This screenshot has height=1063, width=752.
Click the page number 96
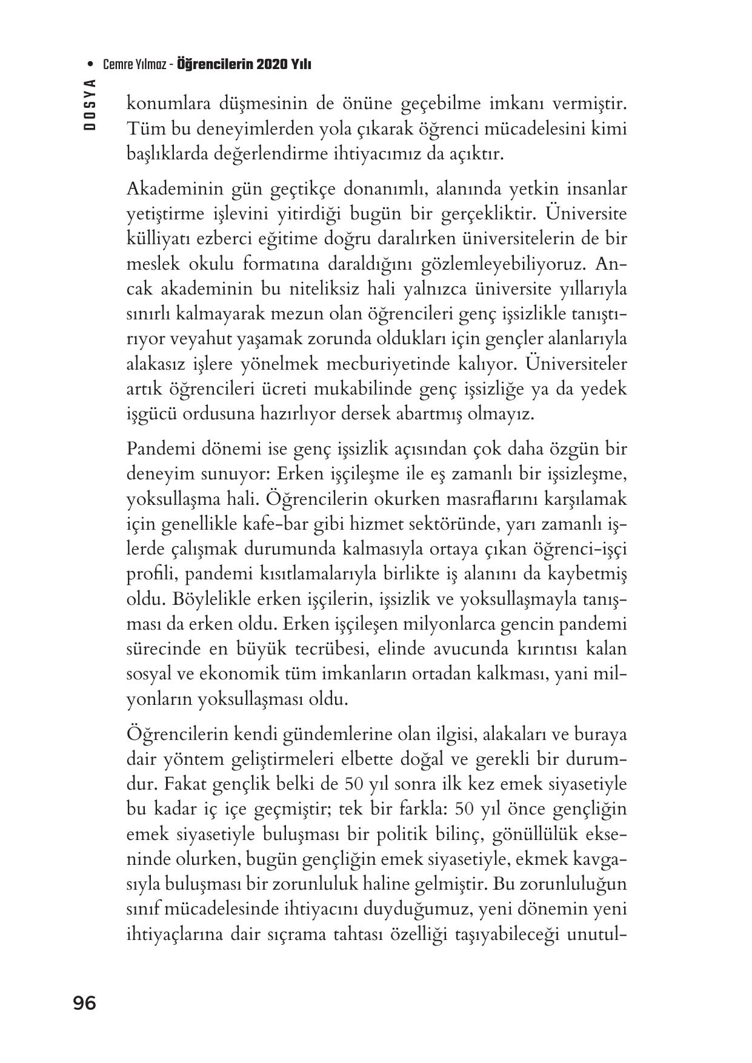pos(84,1003)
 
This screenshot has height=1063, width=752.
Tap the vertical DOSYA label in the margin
pos(90,106)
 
